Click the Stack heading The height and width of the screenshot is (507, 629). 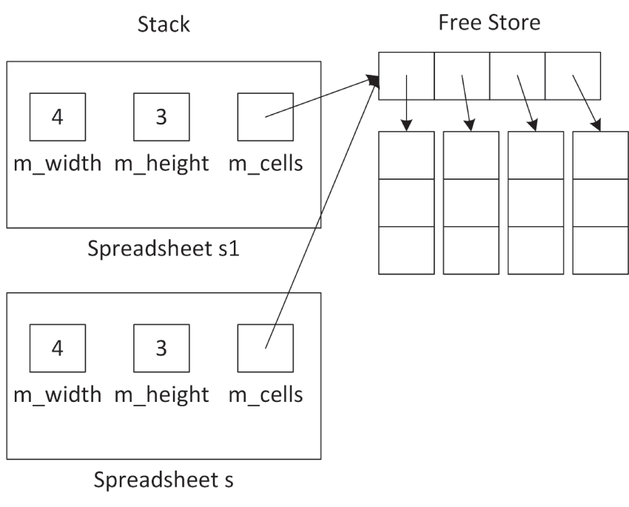click(x=164, y=24)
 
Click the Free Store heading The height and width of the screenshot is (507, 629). click(x=489, y=22)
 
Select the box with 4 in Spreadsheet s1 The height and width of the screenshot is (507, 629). click(x=58, y=117)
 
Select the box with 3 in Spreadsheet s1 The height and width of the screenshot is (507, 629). click(x=161, y=117)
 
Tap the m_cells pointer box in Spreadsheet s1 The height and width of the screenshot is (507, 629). click(x=266, y=117)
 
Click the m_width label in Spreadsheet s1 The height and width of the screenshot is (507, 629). click(x=58, y=164)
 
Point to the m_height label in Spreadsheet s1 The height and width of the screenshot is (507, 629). click(x=161, y=164)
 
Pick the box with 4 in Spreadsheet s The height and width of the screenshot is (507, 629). click(x=58, y=348)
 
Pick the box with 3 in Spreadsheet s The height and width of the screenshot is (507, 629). click(x=161, y=348)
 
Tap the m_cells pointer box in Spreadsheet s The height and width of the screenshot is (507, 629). click(x=266, y=348)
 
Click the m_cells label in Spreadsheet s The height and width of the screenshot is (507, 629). click(x=266, y=394)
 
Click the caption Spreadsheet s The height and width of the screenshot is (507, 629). click(x=164, y=480)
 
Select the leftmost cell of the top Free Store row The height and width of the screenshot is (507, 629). click(x=406, y=75)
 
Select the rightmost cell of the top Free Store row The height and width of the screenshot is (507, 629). click(x=573, y=75)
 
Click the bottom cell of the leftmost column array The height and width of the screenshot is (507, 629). click(x=406, y=250)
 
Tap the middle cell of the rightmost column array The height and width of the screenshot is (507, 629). click(x=601, y=202)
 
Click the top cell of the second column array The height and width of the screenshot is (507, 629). click(x=471, y=155)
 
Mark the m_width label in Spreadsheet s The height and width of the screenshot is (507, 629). click(x=58, y=394)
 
